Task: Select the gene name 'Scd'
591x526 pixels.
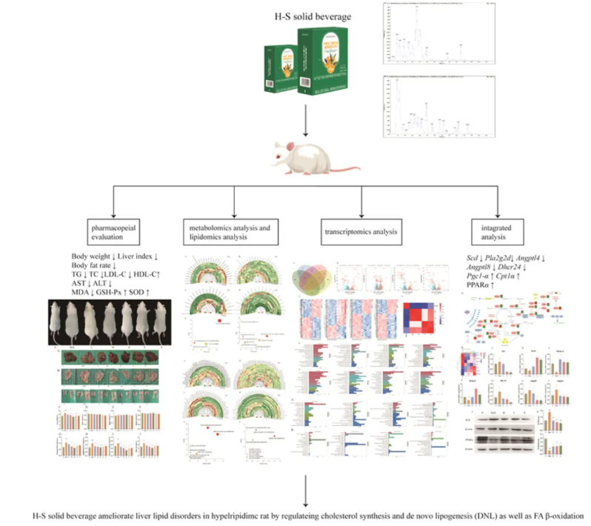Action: click(461, 256)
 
